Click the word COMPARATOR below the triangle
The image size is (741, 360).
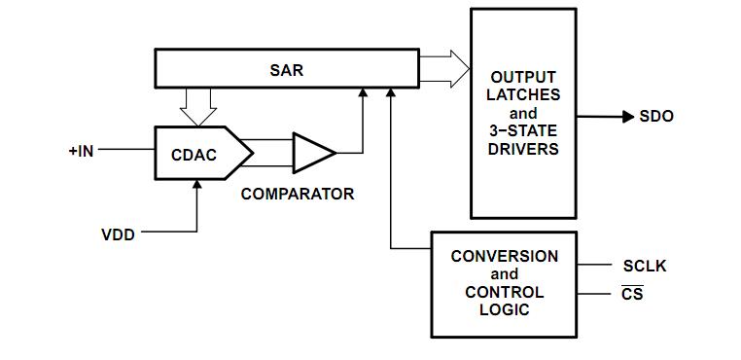(x=298, y=194)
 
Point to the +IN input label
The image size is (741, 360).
(x=81, y=151)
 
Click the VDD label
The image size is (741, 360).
(x=119, y=234)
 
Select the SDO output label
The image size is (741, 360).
(x=656, y=117)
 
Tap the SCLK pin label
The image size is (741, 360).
(x=645, y=266)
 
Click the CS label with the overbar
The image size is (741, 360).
(x=632, y=293)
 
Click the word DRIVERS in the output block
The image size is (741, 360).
(x=524, y=149)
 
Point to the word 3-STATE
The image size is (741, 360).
(x=524, y=130)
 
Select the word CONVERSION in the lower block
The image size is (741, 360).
(x=505, y=256)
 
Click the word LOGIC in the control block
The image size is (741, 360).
(x=505, y=309)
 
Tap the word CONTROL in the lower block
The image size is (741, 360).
(x=505, y=292)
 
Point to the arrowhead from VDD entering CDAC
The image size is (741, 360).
(x=197, y=186)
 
